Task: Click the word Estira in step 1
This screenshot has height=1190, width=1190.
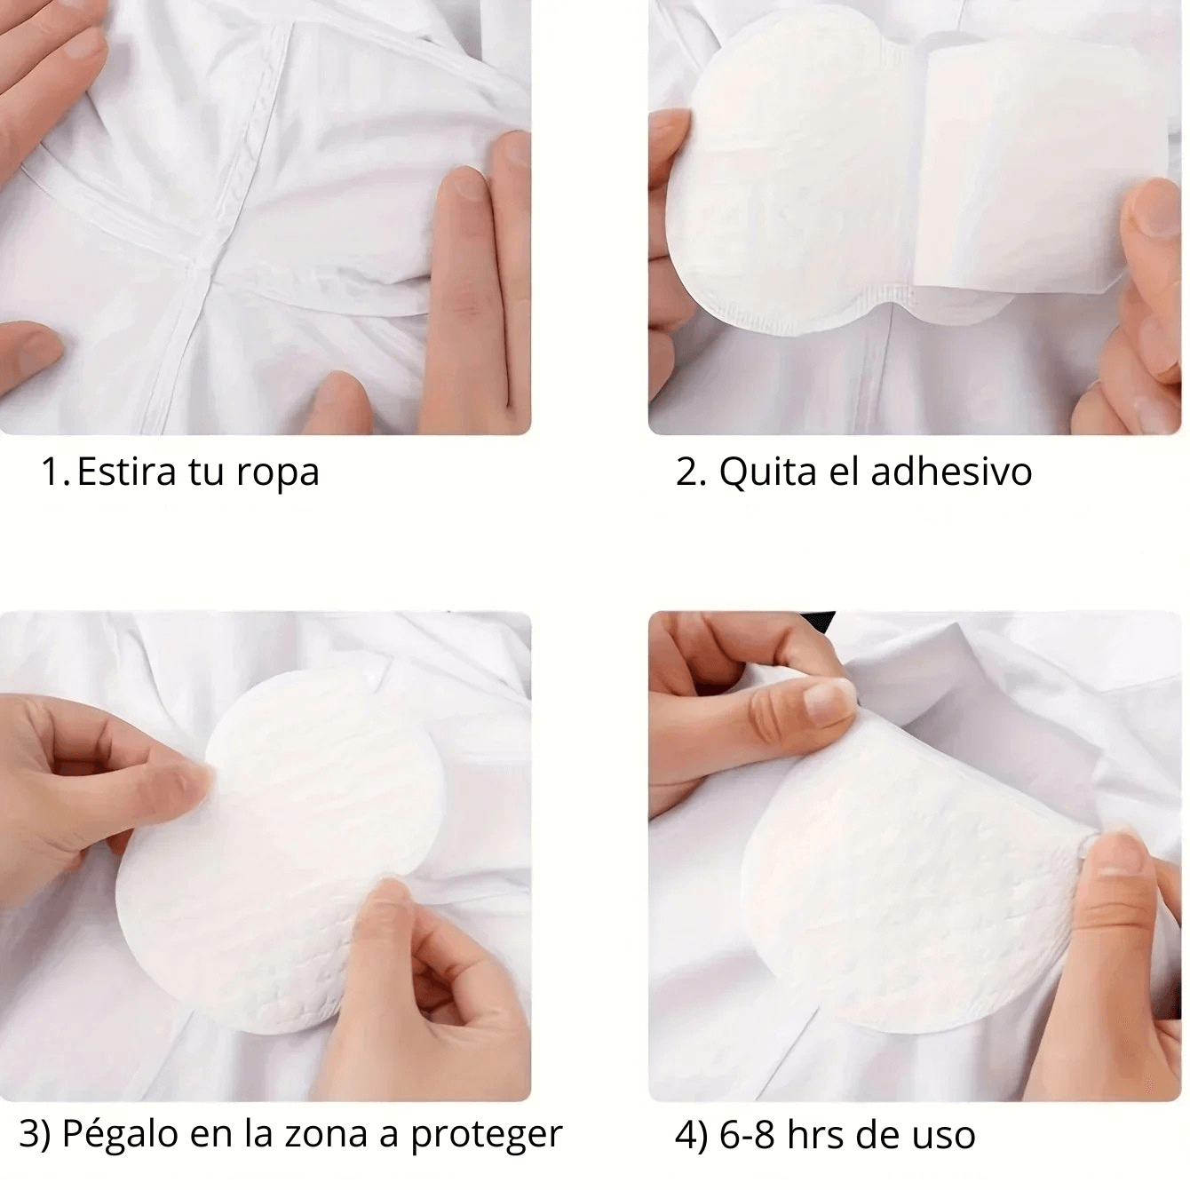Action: click(127, 472)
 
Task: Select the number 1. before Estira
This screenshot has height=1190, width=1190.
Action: click(56, 472)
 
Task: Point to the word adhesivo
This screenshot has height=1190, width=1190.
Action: click(951, 472)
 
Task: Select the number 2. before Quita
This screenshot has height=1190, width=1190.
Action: click(691, 472)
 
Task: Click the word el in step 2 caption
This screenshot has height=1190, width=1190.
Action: click(844, 472)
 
